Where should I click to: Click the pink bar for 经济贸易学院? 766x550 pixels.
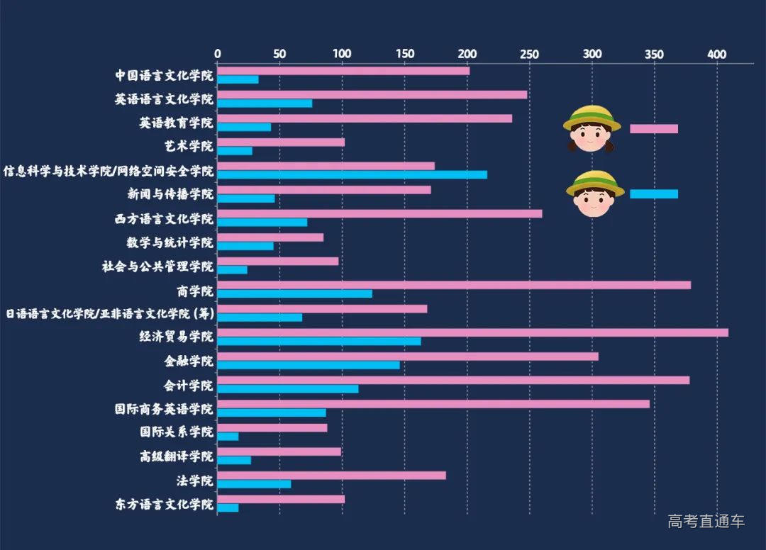[x=472, y=332]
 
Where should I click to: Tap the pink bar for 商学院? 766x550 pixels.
[x=454, y=285]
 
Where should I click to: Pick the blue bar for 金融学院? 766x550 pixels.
[x=309, y=364]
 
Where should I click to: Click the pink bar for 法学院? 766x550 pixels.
[x=331, y=475]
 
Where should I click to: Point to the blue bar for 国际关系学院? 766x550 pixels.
[x=228, y=436]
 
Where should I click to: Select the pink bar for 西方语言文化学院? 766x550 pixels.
[x=379, y=213]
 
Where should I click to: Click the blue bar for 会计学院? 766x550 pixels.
[x=288, y=388]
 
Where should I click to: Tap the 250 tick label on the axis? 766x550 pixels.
[x=529, y=54]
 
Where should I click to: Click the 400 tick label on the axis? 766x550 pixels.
[x=717, y=54]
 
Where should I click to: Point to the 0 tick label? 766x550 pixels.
[x=218, y=54]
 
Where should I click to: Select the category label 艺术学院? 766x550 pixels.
[x=187, y=146]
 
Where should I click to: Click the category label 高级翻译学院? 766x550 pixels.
[x=176, y=456]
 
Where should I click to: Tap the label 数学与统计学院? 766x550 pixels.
[x=170, y=242]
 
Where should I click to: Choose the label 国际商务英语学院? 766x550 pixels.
[x=164, y=409]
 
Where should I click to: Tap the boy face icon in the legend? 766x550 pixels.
[x=594, y=193]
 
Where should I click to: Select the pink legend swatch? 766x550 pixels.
[x=654, y=129]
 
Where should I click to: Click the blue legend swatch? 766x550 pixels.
[x=654, y=194]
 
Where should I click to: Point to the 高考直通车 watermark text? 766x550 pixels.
[x=706, y=522]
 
